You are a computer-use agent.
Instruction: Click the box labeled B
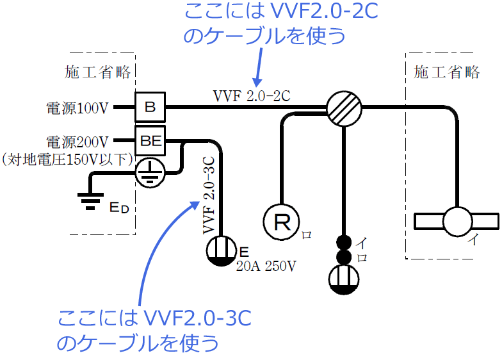(x=150, y=107)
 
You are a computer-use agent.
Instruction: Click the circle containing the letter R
(x=282, y=222)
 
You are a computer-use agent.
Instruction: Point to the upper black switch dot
(x=344, y=243)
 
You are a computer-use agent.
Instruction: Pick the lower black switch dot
(x=344, y=258)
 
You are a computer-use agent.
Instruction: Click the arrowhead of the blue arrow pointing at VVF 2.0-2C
(x=257, y=82)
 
